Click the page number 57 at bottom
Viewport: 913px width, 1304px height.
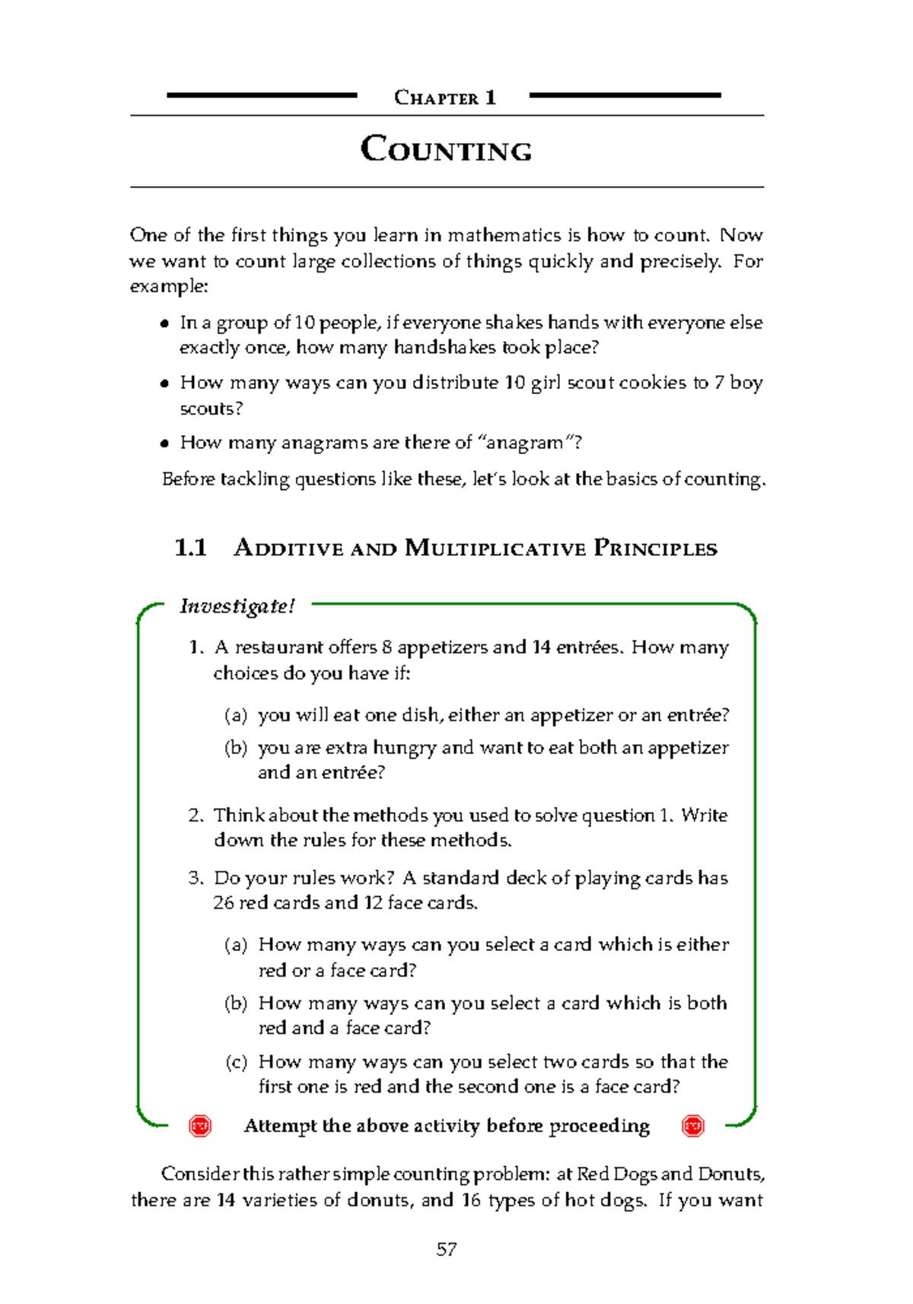pos(447,1249)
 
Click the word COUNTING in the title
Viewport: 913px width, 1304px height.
pos(446,149)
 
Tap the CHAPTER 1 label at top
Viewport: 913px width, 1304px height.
pos(445,97)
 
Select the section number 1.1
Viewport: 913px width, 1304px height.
pos(190,548)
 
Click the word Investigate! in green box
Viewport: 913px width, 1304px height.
pos(237,606)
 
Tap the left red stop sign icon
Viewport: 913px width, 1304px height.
pos(200,1126)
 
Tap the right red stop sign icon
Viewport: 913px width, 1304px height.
pos(693,1126)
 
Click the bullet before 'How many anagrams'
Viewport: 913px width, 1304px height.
pos(164,444)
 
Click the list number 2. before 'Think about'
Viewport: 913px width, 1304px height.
pos(196,816)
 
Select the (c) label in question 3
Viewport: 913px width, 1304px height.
pos(237,1062)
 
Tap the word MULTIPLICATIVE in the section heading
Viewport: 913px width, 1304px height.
pos(495,549)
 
